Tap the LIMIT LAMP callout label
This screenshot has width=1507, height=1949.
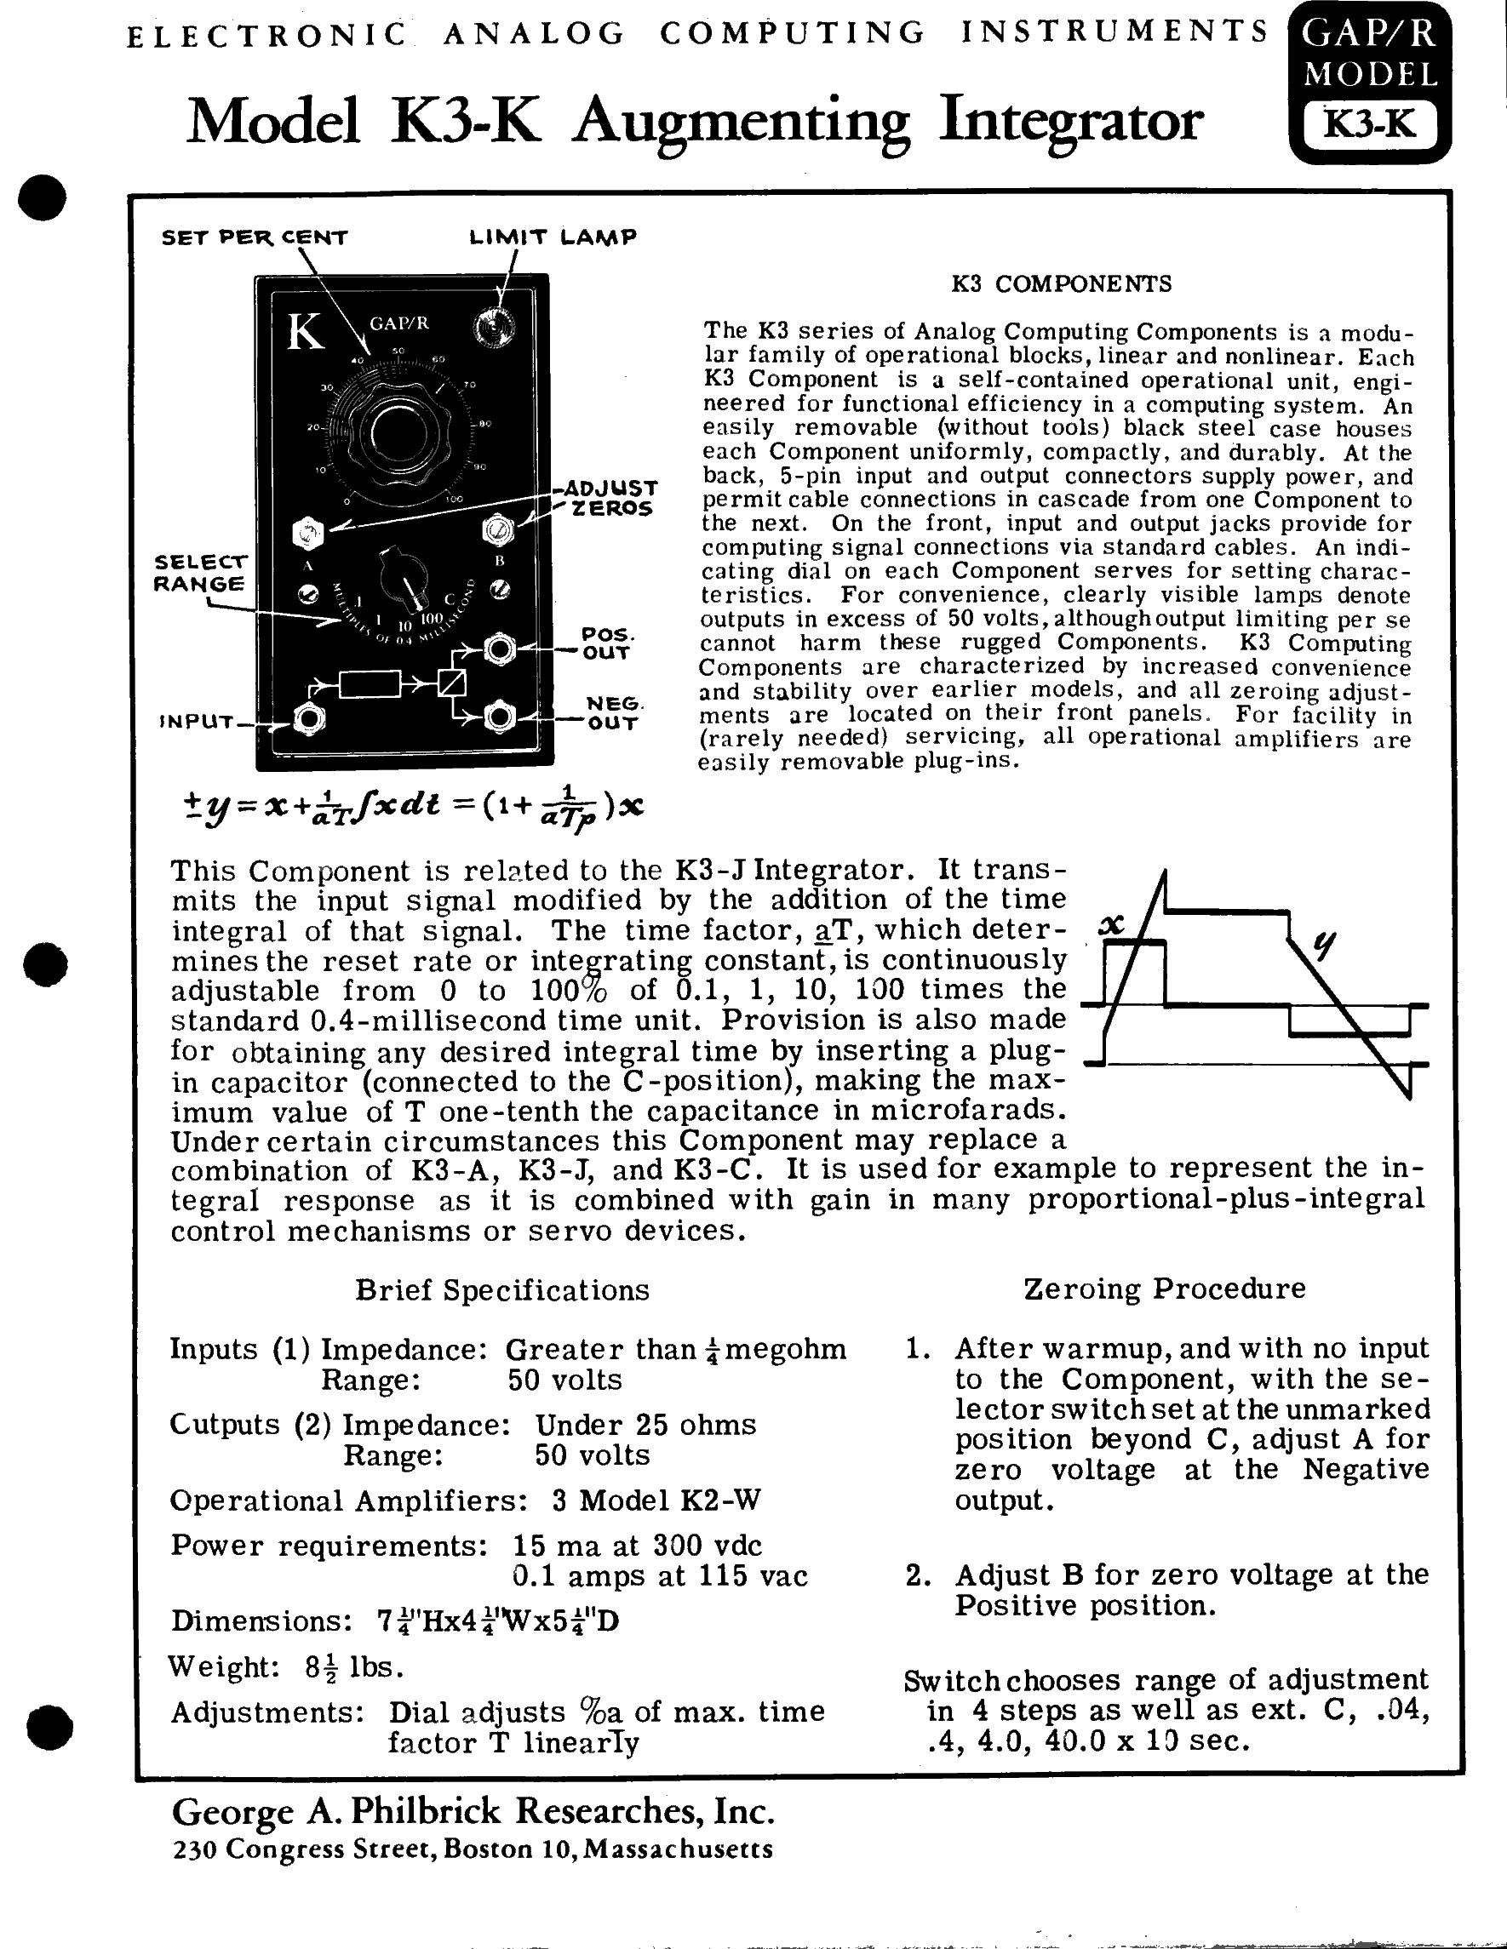[553, 237]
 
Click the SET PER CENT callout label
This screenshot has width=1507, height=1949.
[255, 237]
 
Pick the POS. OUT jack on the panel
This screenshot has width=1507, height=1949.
[498, 649]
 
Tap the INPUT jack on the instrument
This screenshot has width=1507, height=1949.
[309, 717]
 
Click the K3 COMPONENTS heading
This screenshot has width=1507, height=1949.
[1061, 283]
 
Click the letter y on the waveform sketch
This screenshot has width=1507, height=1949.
[1324, 944]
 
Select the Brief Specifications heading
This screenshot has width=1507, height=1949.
[501, 1289]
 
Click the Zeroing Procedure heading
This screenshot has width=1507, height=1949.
[1164, 1289]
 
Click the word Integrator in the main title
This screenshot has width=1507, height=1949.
[1070, 121]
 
